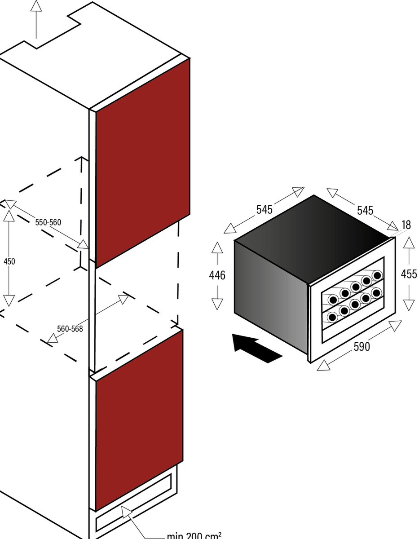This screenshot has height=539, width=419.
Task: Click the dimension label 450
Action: [x=9, y=261]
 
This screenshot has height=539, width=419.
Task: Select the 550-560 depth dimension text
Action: [x=48, y=222]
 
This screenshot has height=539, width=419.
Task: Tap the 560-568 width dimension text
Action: [x=70, y=329]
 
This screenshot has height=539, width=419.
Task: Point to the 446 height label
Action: [x=217, y=275]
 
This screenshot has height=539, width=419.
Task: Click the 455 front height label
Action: [x=409, y=274]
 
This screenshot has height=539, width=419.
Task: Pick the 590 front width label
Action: [x=362, y=347]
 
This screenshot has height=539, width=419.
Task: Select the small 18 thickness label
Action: [x=406, y=225]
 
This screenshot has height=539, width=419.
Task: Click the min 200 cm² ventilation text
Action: [x=194, y=535]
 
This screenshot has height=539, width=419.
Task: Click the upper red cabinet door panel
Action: [x=142, y=163]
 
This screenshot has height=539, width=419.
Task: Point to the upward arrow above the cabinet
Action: [x=36, y=19]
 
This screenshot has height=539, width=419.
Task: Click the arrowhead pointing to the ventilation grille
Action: [x=127, y=512]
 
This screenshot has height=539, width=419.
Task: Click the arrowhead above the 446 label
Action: [x=217, y=247]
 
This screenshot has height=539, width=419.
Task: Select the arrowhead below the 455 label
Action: [x=409, y=305]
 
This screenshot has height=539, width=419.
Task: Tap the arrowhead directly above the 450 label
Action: [x=9, y=216]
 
